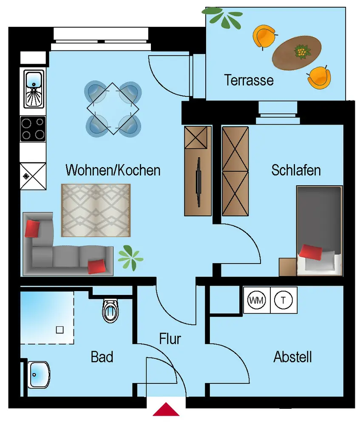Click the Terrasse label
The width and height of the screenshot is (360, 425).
(249, 80)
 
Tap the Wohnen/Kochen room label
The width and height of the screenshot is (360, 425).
(113, 170)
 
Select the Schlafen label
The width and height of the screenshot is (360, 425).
(296, 170)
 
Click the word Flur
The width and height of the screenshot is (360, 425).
(170, 339)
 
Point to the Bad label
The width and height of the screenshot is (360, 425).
(102, 357)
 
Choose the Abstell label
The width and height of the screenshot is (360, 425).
(293, 357)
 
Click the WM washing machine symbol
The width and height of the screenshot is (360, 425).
(256, 300)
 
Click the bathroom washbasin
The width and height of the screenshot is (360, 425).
(39, 374)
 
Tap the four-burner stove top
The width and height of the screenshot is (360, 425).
(33, 128)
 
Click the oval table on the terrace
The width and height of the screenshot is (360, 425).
(297, 53)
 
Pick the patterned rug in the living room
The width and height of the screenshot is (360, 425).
(96, 210)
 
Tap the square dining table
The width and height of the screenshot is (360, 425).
(113, 108)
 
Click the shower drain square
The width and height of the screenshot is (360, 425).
(60, 329)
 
